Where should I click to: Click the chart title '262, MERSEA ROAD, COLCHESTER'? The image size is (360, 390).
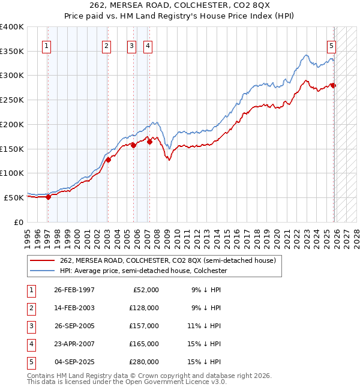pyautogui.click(x=179, y=5)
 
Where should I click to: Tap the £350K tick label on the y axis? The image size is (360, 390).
pyautogui.click(x=12, y=51)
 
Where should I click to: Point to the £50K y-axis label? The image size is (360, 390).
pyautogui.click(x=14, y=197)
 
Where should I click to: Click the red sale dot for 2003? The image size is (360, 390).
pyautogui.click(x=109, y=160)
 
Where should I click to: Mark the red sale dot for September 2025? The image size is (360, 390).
pyautogui.click(x=334, y=86)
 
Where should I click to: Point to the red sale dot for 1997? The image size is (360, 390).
pyautogui.click(x=48, y=197)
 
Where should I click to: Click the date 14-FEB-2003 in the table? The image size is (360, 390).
pyautogui.click(x=74, y=308)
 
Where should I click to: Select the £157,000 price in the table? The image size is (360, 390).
pyautogui.click(x=144, y=326)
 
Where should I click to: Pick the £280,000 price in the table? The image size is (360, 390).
pyautogui.click(x=144, y=362)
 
